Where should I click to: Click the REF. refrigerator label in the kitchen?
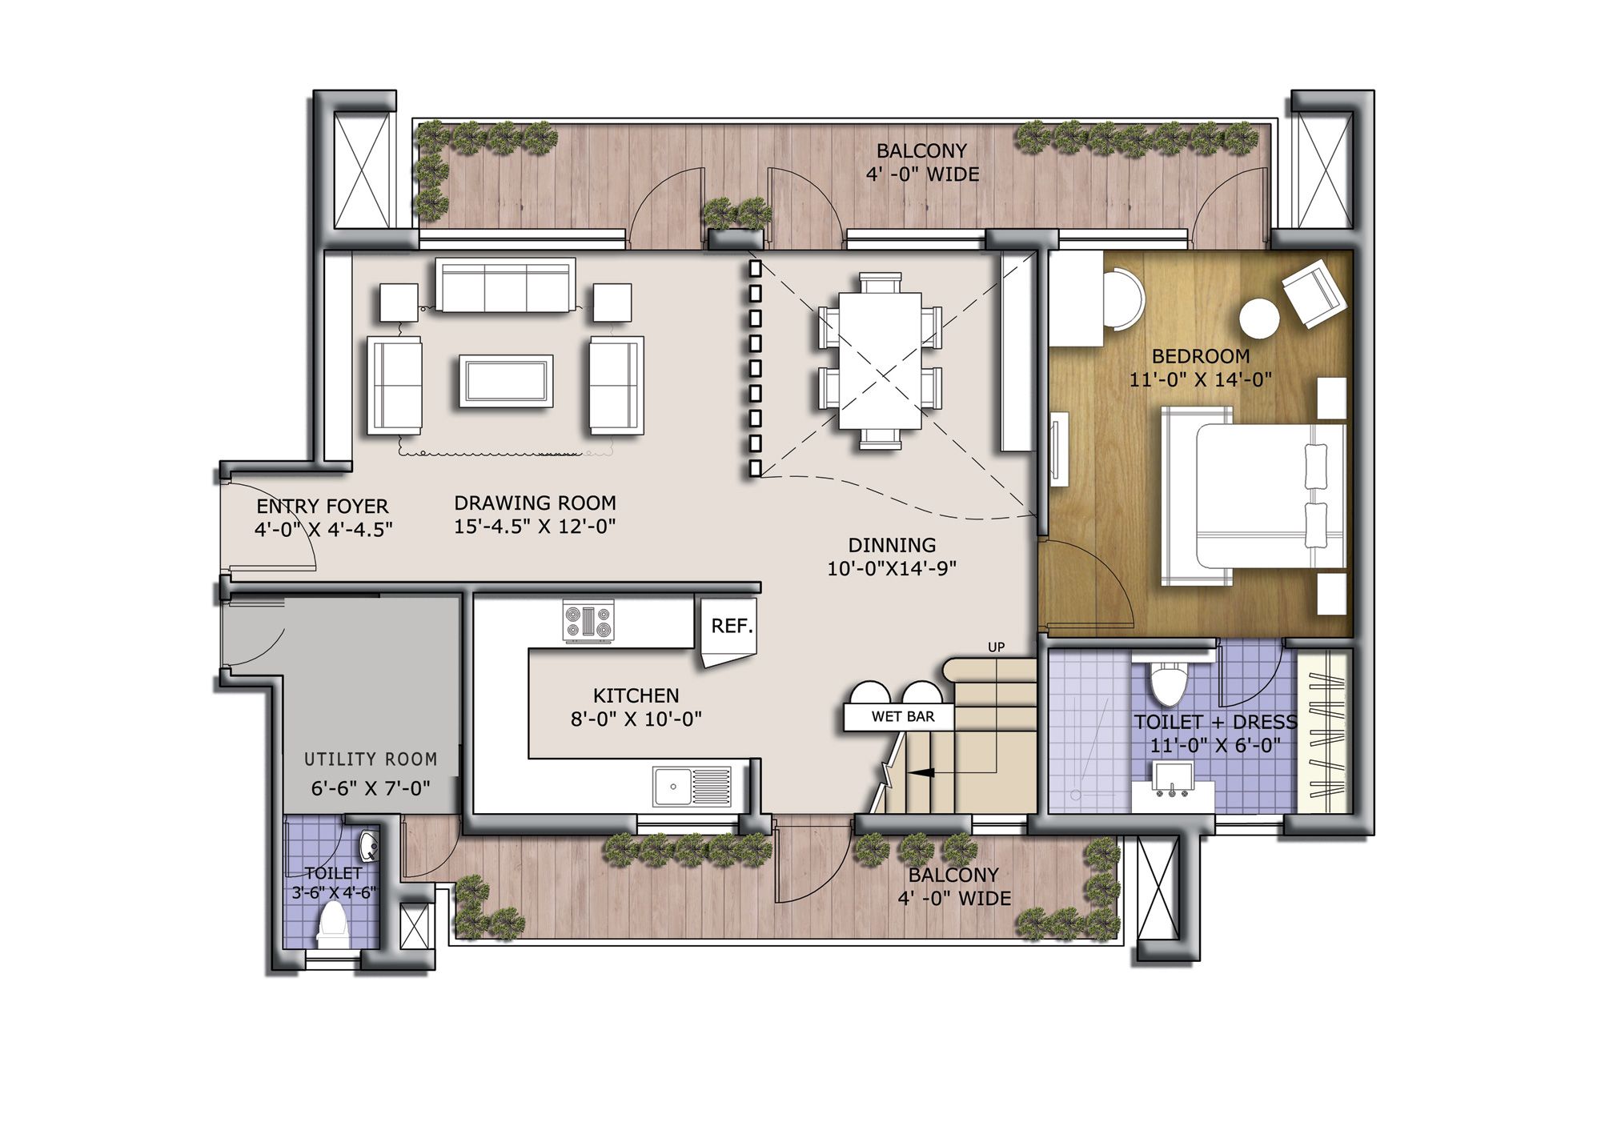(732, 626)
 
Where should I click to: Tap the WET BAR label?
(902, 716)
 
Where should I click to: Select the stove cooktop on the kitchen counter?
(589, 622)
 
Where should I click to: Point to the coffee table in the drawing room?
(505, 381)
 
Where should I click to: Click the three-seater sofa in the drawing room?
(505, 285)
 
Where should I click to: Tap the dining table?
(881, 361)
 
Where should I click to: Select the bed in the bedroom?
(1253, 496)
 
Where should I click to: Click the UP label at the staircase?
(996, 647)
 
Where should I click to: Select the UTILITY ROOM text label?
(371, 759)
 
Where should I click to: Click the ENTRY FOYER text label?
(322, 507)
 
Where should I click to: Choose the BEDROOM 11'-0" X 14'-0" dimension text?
(1201, 379)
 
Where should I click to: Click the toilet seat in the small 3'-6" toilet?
(332, 924)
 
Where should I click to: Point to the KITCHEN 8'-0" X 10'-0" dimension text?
(636, 719)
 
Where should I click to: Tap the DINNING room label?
(892, 545)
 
